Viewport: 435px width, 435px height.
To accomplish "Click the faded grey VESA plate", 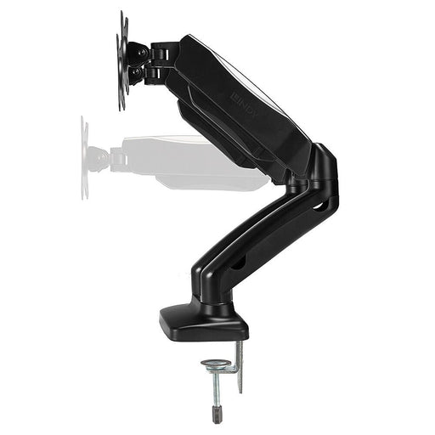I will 85,158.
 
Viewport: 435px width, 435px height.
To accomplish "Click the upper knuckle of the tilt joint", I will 138,54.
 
